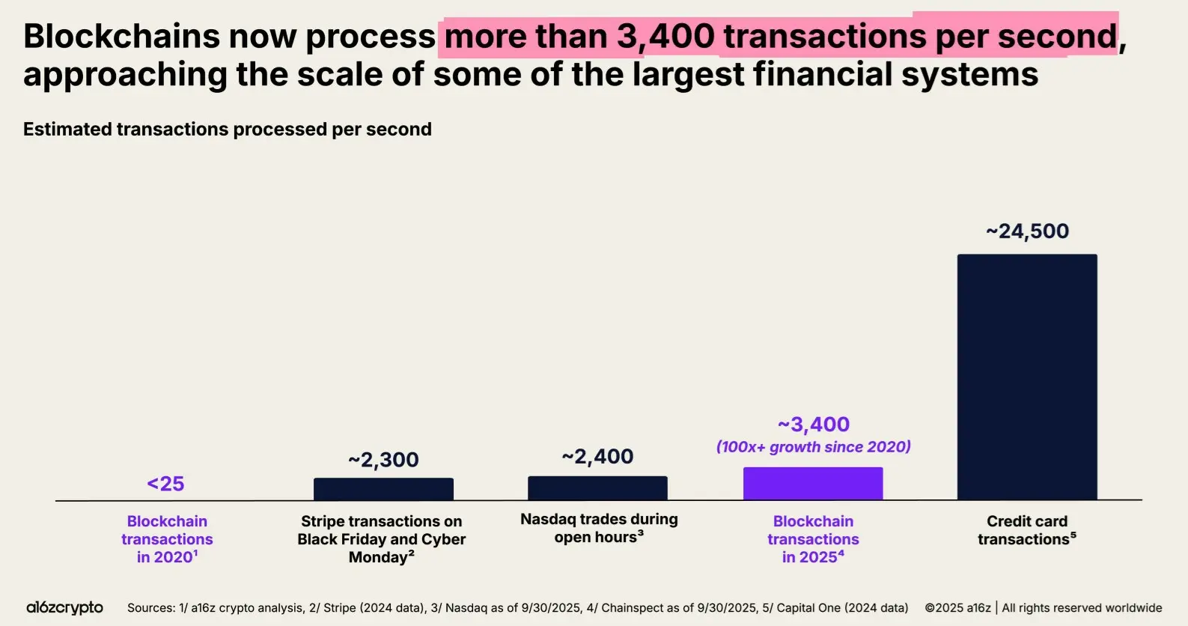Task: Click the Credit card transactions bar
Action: pyautogui.click(x=1027, y=377)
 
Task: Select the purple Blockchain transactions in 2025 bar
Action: pyautogui.click(x=813, y=484)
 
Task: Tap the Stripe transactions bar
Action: pyautogui.click(x=383, y=489)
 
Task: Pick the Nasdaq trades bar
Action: pyautogui.click(x=597, y=488)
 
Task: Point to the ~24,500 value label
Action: pyautogui.click(x=1027, y=231)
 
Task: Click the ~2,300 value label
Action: pyautogui.click(x=383, y=460)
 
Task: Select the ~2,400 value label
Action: pyautogui.click(x=597, y=457)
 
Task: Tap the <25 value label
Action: pyautogui.click(x=165, y=484)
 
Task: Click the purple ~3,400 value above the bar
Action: pyautogui.click(x=813, y=425)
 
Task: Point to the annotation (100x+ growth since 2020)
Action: pyautogui.click(x=813, y=447)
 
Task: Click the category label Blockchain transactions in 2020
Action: pyautogui.click(x=167, y=539)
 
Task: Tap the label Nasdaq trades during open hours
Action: pyautogui.click(x=599, y=528)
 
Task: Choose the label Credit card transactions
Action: pyautogui.click(x=1027, y=530)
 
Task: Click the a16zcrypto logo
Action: pyautogui.click(x=65, y=607)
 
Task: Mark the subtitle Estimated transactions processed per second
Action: pyautogui.click(x=228, y=130)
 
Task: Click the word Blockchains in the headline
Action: pyautogui.click(x=121, y=36)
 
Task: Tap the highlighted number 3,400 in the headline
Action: pyautogui.click(x=665, y=36)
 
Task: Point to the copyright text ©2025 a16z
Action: pyautogui.click(x=957, y=608)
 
